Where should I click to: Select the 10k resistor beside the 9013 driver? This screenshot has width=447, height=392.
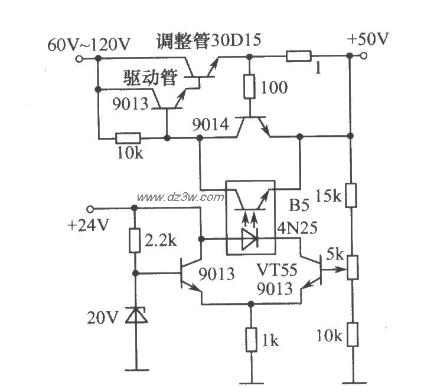[x=126, y=139]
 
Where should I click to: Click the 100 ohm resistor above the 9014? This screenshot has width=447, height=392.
[x=249, y=87]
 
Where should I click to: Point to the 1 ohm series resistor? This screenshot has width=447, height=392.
[x=299, y=57]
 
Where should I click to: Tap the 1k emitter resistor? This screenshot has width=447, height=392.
[x=251, y=340]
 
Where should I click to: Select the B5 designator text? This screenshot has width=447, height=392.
[x=299, y=206]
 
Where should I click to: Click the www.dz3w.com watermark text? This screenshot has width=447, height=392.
[x=180, y=197]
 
